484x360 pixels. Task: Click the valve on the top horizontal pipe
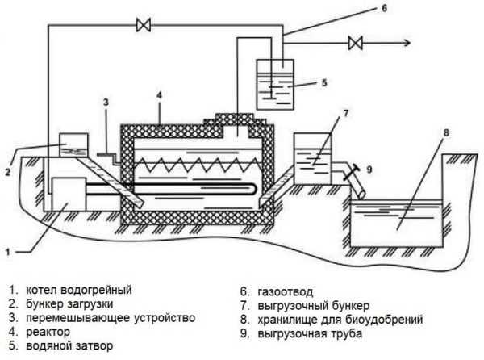click(144, 25)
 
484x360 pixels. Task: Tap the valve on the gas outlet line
click(355, 43)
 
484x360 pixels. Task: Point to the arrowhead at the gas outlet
click(407, 43)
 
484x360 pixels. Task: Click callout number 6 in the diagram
click(384, 8)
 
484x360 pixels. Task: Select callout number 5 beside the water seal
click(323, 83)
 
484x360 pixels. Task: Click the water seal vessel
click(275, 84)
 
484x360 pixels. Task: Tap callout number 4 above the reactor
click(159, 95)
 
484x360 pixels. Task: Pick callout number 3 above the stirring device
click(106, 103)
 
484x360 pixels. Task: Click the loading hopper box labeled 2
click(73, 145)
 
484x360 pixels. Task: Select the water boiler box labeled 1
click(69, 194)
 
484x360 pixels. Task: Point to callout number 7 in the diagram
click(346, 114)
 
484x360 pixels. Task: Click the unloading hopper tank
click(313, 159)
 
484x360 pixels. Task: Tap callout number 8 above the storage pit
click(446, 133)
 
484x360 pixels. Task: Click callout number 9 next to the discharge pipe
click(369, 170)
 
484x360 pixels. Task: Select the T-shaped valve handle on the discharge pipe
click(352, 172)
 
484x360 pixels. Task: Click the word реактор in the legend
click(48, 333)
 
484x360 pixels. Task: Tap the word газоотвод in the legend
click(286, 291)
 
